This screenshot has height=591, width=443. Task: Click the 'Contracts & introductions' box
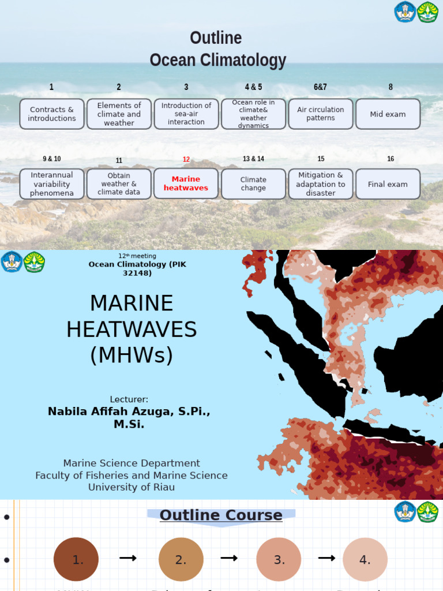[52, 114]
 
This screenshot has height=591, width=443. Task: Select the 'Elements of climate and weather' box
[119, 114]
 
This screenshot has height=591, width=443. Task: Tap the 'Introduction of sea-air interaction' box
[186, 114]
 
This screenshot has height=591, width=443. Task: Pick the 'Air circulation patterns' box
[321, 114]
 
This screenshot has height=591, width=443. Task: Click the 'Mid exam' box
[388, 114]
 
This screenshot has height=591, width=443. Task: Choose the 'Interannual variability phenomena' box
[52, 184]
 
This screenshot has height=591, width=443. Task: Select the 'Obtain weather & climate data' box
[119, 184]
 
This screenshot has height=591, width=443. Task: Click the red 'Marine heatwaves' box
[186, 184]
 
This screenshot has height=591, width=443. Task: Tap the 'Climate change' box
[253, 184]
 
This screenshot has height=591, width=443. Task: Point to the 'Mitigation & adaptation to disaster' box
[321, 184]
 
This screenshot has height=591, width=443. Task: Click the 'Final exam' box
[388, 184]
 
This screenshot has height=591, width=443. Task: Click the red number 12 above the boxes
[186, 159]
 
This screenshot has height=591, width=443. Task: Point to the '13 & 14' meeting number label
[253, 159]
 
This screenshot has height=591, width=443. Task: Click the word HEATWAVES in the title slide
[132, 330]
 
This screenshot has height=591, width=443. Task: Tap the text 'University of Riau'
[132, 487]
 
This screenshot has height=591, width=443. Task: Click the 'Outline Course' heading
[221, 515]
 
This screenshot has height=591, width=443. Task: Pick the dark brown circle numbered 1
[76, 559]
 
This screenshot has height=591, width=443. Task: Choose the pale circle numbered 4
[365, 559]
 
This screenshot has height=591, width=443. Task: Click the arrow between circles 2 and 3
[229, 558]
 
